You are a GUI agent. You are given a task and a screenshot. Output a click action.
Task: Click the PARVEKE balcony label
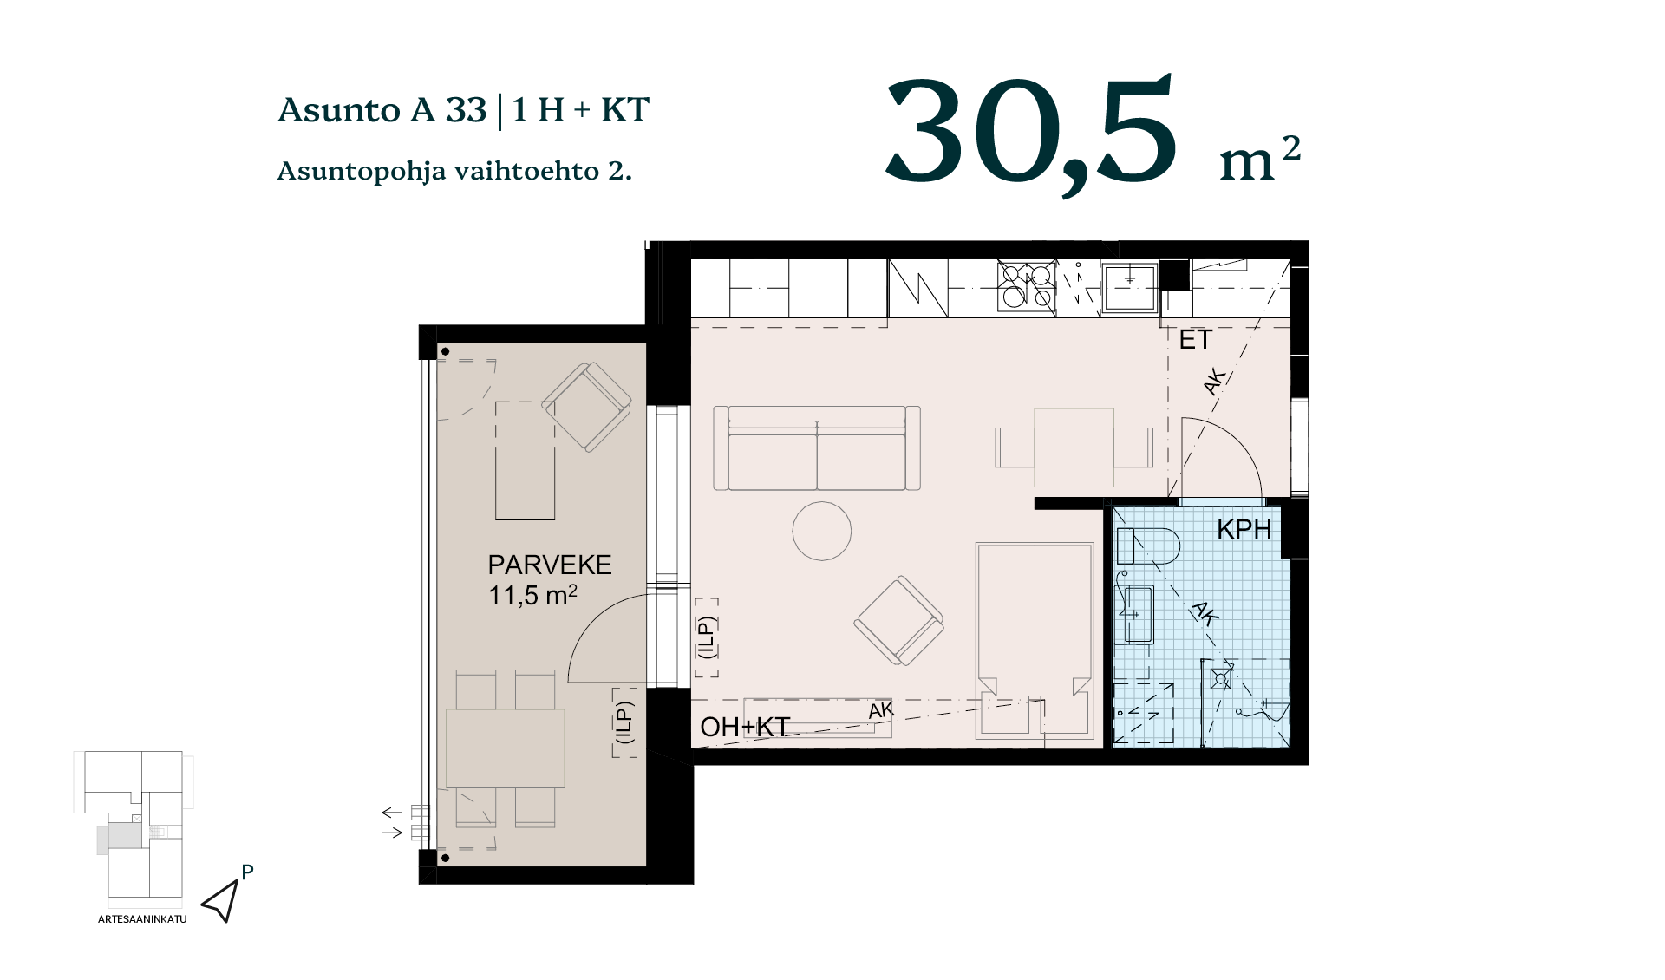550,565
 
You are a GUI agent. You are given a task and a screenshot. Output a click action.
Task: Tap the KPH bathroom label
1244,529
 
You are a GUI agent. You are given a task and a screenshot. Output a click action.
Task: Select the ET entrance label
1195,340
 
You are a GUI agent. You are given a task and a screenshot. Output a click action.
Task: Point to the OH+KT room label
745,727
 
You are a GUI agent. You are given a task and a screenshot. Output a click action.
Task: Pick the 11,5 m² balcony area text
532,596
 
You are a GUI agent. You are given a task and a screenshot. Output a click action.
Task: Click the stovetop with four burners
1027,285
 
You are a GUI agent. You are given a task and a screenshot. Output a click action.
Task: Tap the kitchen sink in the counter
1129,287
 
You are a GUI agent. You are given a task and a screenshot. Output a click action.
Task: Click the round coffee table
821,531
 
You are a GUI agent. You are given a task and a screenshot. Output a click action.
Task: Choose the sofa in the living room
817,448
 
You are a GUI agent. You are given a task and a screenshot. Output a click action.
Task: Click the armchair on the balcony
587,407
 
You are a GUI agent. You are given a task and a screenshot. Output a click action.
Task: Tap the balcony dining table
506,748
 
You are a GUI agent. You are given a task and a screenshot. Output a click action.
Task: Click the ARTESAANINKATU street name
142,919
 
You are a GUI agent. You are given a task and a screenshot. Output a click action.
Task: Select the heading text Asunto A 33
382,110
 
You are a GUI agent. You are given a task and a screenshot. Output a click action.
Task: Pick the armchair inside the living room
899,621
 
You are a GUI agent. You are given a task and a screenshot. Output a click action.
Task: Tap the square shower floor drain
1221,678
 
